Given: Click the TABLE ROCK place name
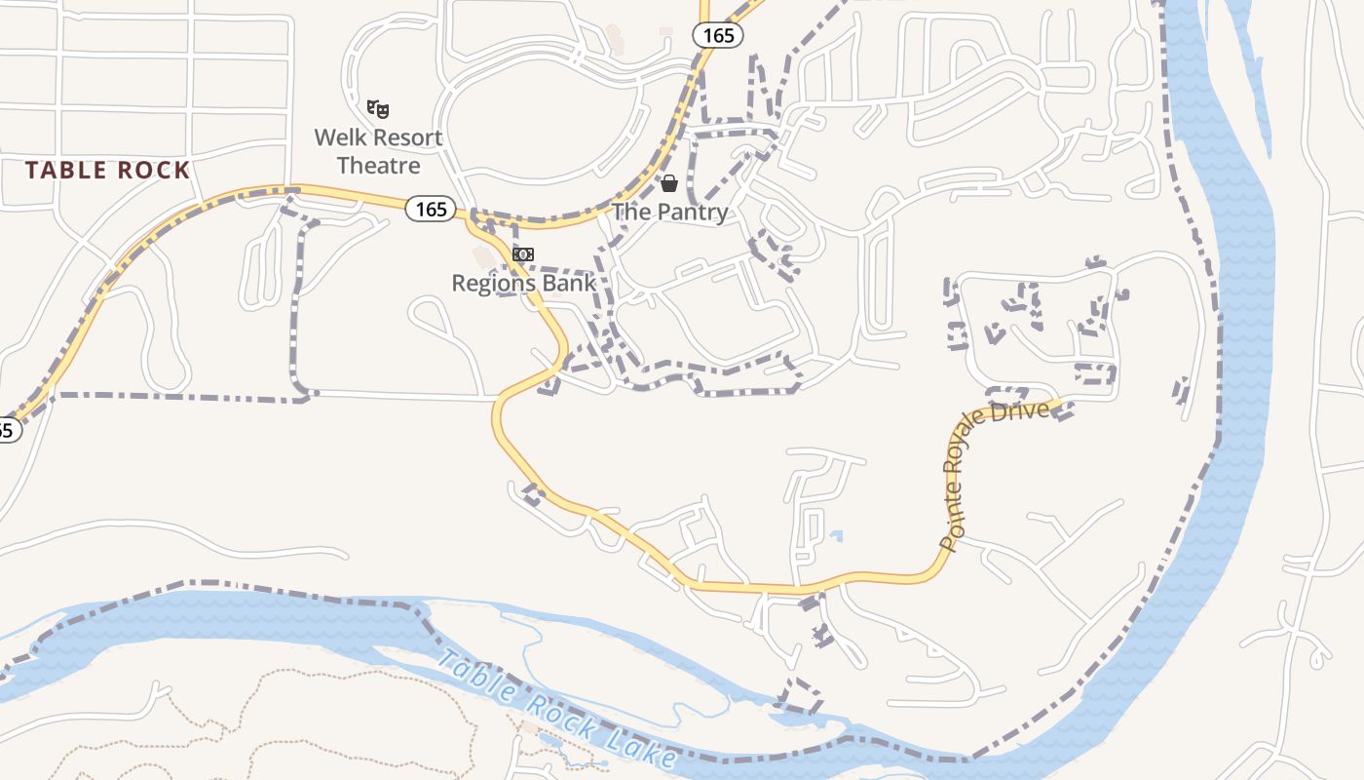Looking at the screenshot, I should pos(107,171).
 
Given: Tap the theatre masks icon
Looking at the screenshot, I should pos(378,108).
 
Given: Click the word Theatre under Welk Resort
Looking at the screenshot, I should pos(378,166).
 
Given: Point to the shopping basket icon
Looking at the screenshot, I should pos(669,182).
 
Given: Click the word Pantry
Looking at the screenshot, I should pos(691,213).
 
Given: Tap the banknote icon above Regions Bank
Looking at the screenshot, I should pos(523,254).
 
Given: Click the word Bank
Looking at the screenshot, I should pos(570,283).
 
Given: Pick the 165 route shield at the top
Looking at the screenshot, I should pos(718,35).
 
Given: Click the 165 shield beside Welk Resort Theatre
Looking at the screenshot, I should pos(430,209).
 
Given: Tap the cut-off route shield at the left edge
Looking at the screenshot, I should pos(8,429).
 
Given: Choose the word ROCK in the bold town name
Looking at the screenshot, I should pos(153,171).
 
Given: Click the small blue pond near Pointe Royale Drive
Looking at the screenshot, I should pos(836,535).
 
